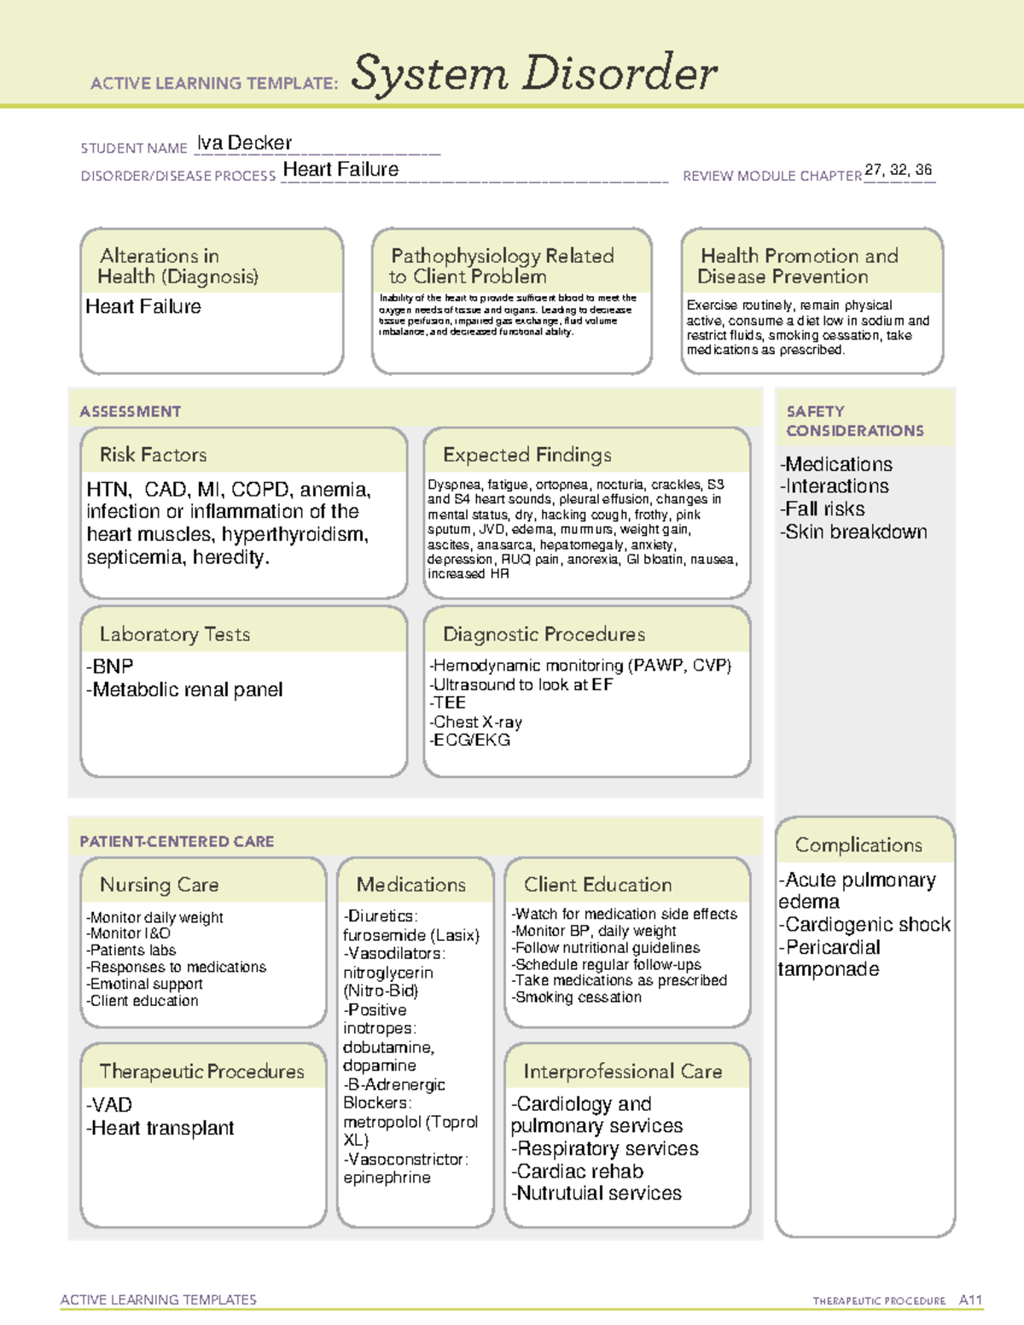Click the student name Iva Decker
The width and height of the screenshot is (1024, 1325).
coord(244,143)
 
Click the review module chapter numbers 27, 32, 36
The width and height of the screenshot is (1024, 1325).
coord(898,170)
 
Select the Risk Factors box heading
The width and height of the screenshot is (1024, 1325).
coord(153,455)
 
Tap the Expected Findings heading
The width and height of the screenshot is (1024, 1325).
coord(527,455)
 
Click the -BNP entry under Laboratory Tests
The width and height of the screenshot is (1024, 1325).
coord(110,666)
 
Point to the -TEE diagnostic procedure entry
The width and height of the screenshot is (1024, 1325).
coord(448,703)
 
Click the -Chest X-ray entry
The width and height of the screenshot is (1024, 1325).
coord(475,722)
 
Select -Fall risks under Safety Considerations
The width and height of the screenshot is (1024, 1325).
coord(822,509)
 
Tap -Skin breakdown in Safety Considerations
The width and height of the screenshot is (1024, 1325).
coord(852,532)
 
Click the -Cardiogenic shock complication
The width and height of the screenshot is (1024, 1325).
coord(864,925)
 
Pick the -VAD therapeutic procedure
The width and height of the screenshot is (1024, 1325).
coord(109,1105)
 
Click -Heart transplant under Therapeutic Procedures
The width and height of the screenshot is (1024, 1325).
coord(160,1128)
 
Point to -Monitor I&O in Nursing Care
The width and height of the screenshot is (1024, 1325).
coord(128,933)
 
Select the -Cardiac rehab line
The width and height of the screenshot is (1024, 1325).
coord(577,1171)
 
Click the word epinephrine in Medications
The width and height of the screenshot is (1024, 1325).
coord(387,1177)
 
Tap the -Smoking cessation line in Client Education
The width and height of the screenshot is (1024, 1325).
coord(576,997)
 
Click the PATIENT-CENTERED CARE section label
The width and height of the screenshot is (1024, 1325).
coord(177,841)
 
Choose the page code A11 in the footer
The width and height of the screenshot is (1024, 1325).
coord(970,1300)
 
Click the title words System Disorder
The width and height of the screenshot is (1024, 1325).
coord(534,73)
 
